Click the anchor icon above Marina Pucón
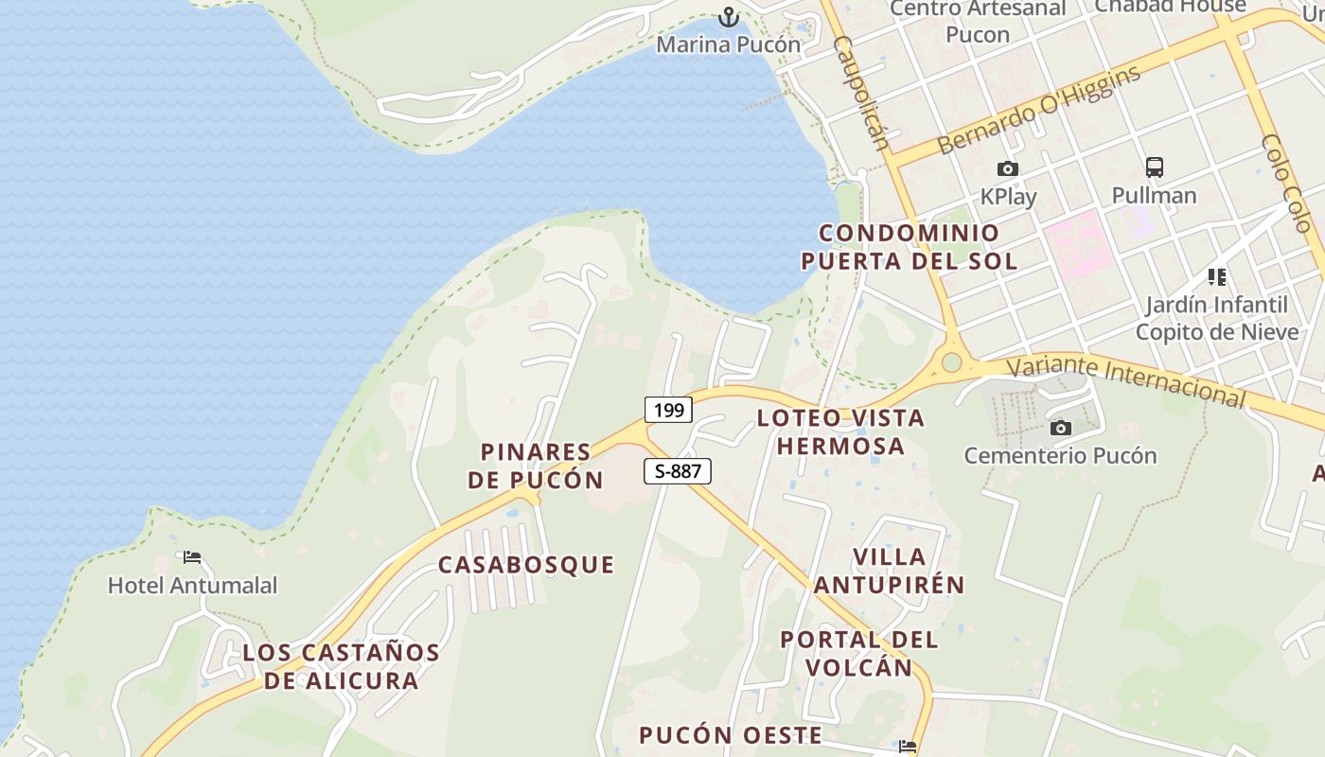click(728, 16)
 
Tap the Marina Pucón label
click(728, 44)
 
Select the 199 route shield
click(669, 410)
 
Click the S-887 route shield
click(678, 470)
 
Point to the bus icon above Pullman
click(1154, 167)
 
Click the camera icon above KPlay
click(1008, 168)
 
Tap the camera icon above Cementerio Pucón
click(1061, 428)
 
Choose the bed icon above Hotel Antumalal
click(192, 557)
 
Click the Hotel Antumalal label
click(193, 586)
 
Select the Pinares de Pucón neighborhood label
click(536, 466)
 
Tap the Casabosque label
click(526, 565)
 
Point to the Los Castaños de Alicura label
click(341, 666)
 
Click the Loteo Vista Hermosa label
click(840, 431)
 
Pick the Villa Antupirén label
click(890, 571)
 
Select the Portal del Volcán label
click(859, 653)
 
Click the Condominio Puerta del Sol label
click(910, 247)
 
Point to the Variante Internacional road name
click(1126, 381)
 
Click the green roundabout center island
click(951, 362)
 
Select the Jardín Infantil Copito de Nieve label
click(1217, 318)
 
